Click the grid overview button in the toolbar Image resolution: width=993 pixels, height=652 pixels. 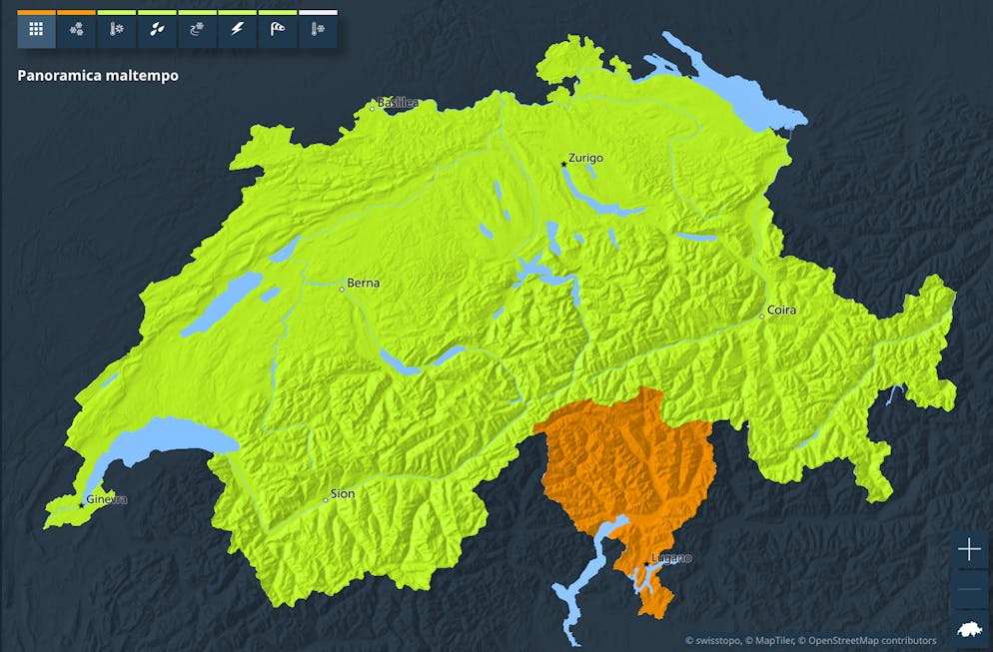coord(36,30)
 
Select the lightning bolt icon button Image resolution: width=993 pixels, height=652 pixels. coord(237,30)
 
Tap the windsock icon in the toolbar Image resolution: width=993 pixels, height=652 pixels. coord(277,30)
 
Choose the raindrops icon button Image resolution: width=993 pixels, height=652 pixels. coord(157,30)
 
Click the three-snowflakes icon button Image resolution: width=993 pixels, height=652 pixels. coord(77,30)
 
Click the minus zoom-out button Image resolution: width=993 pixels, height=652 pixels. coord(969,589)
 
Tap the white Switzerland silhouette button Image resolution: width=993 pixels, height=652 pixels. coord(969,629)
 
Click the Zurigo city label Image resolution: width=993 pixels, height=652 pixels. coord(585,158)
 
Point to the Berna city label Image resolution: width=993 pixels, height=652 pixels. coord(363,283)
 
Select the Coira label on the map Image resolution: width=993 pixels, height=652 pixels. coord(781,310)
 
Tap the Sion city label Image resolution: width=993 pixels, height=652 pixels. coord(342,493)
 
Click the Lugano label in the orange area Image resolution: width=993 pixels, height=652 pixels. coord(670,557)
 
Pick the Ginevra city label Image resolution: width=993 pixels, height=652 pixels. coord(107,499)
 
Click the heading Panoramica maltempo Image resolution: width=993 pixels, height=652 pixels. coord(98,75)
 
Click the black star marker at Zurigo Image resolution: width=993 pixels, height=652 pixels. coord(563,165)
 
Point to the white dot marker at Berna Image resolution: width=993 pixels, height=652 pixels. coord(342,290)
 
